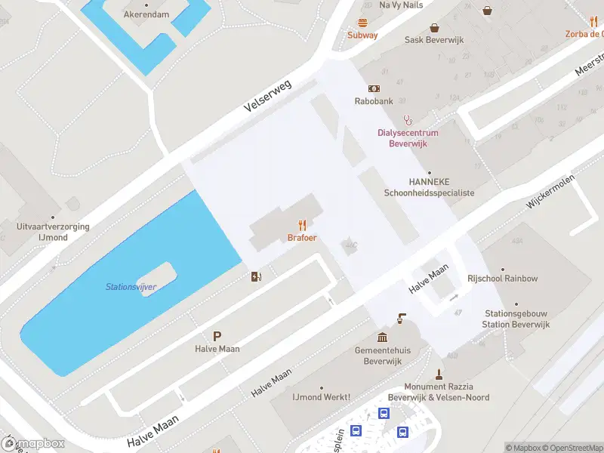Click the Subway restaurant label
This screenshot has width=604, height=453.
(362, 35)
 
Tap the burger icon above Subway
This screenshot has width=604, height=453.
(362, 23)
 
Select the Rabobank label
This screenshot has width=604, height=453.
(374, 101)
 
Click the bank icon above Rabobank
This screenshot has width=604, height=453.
(374, 89)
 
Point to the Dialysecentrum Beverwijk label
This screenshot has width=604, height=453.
(408, 138)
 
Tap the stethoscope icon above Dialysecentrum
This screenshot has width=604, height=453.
(408, 119)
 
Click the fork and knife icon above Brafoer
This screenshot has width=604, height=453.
(302, 225)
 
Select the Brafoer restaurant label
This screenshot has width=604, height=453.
(302, 238)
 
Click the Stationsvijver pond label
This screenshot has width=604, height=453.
(131, 287)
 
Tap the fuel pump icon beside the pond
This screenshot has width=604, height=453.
(257, 276)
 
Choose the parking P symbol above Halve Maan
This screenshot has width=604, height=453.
(217, 337)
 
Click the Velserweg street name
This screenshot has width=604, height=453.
(268, 97)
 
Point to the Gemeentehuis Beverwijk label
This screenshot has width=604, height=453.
(382, 356)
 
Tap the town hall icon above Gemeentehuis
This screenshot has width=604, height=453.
(382, 337)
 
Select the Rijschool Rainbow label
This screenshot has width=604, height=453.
(503, 279)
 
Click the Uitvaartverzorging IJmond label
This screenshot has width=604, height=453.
(53, 232)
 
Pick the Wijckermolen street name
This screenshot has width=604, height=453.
(550, 193)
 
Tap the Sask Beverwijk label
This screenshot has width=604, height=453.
(434, 40)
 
